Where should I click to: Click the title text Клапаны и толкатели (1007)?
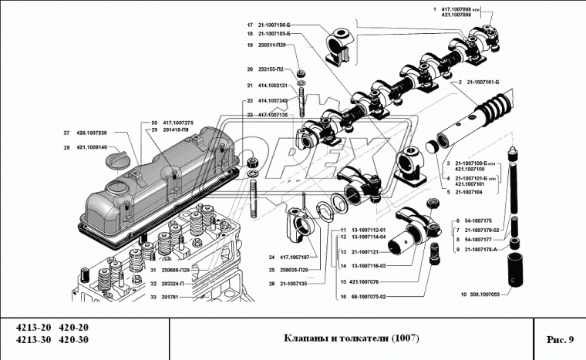(351, 339)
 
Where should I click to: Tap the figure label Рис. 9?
(559, 339)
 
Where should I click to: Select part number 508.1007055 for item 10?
(483, 294)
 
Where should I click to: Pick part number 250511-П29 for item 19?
(272, 46)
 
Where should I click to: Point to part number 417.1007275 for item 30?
(177, 123)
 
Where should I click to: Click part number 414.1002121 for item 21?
(272, 85)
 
